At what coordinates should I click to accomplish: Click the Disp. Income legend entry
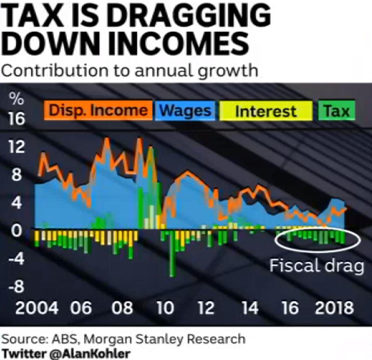click(x=98, y=111)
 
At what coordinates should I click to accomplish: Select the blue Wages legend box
click(x=185, y=111)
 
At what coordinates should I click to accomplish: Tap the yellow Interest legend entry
click(x=266, y=111)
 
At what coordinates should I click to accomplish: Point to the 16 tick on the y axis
click(x=17, y=119)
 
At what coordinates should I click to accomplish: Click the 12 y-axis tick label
click(x=17, y=147)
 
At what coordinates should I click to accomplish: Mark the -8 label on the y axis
click(x=17, y=287)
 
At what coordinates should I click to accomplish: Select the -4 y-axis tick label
click(x=17, y=258)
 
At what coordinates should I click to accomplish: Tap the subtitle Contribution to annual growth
click(x=130, y=70)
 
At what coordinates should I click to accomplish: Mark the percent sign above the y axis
click(x=17, y=99)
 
